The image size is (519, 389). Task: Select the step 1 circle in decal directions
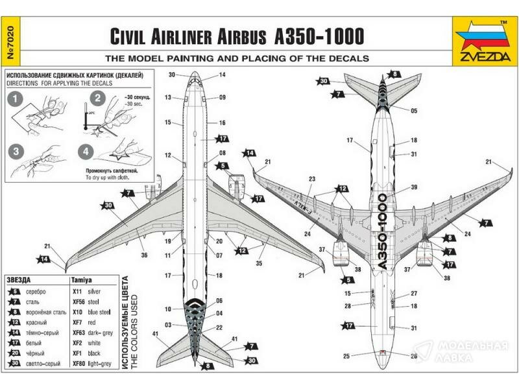click(16, 99)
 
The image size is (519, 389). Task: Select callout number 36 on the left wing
click(144, 255)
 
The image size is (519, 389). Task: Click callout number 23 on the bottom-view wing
click(312, 179)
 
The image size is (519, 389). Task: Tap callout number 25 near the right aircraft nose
click(346, 356)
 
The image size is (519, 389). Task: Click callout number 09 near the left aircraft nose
click(222, 98)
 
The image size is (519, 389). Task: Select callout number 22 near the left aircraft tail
click(219, 327)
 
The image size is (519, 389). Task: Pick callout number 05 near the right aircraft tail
click(413, 111)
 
